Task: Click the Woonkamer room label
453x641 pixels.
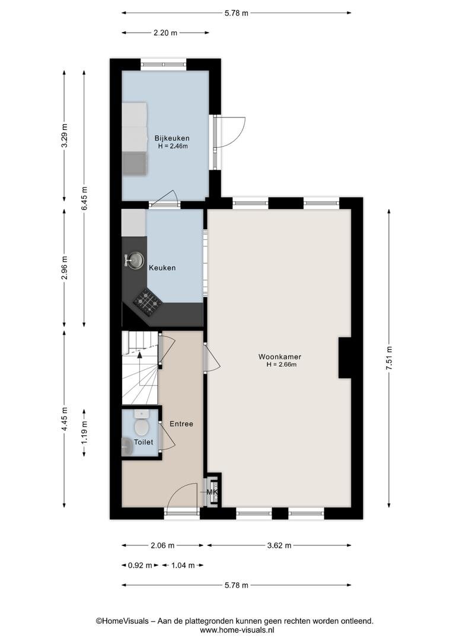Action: tap(280, 357)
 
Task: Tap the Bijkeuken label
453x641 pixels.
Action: tap(171, 138)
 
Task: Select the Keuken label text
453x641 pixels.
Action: tap(162, 268)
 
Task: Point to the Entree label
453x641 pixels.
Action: tap(181, 424)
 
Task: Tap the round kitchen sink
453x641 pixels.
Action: tap(135, 260)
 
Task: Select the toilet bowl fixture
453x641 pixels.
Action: tap(142, 423)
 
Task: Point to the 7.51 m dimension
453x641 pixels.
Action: tap(389, 358)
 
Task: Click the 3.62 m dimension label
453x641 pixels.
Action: tap(279, 545)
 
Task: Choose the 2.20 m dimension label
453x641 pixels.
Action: tap(165, 33)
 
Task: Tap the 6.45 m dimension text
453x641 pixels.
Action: tap(84, 199)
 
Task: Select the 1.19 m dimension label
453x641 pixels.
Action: tap(84, 433)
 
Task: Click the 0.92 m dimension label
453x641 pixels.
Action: tap(140, 566)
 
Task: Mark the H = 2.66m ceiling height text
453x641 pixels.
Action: tap(281, 364)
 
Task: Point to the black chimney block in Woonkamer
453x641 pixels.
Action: tap(345, 358)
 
